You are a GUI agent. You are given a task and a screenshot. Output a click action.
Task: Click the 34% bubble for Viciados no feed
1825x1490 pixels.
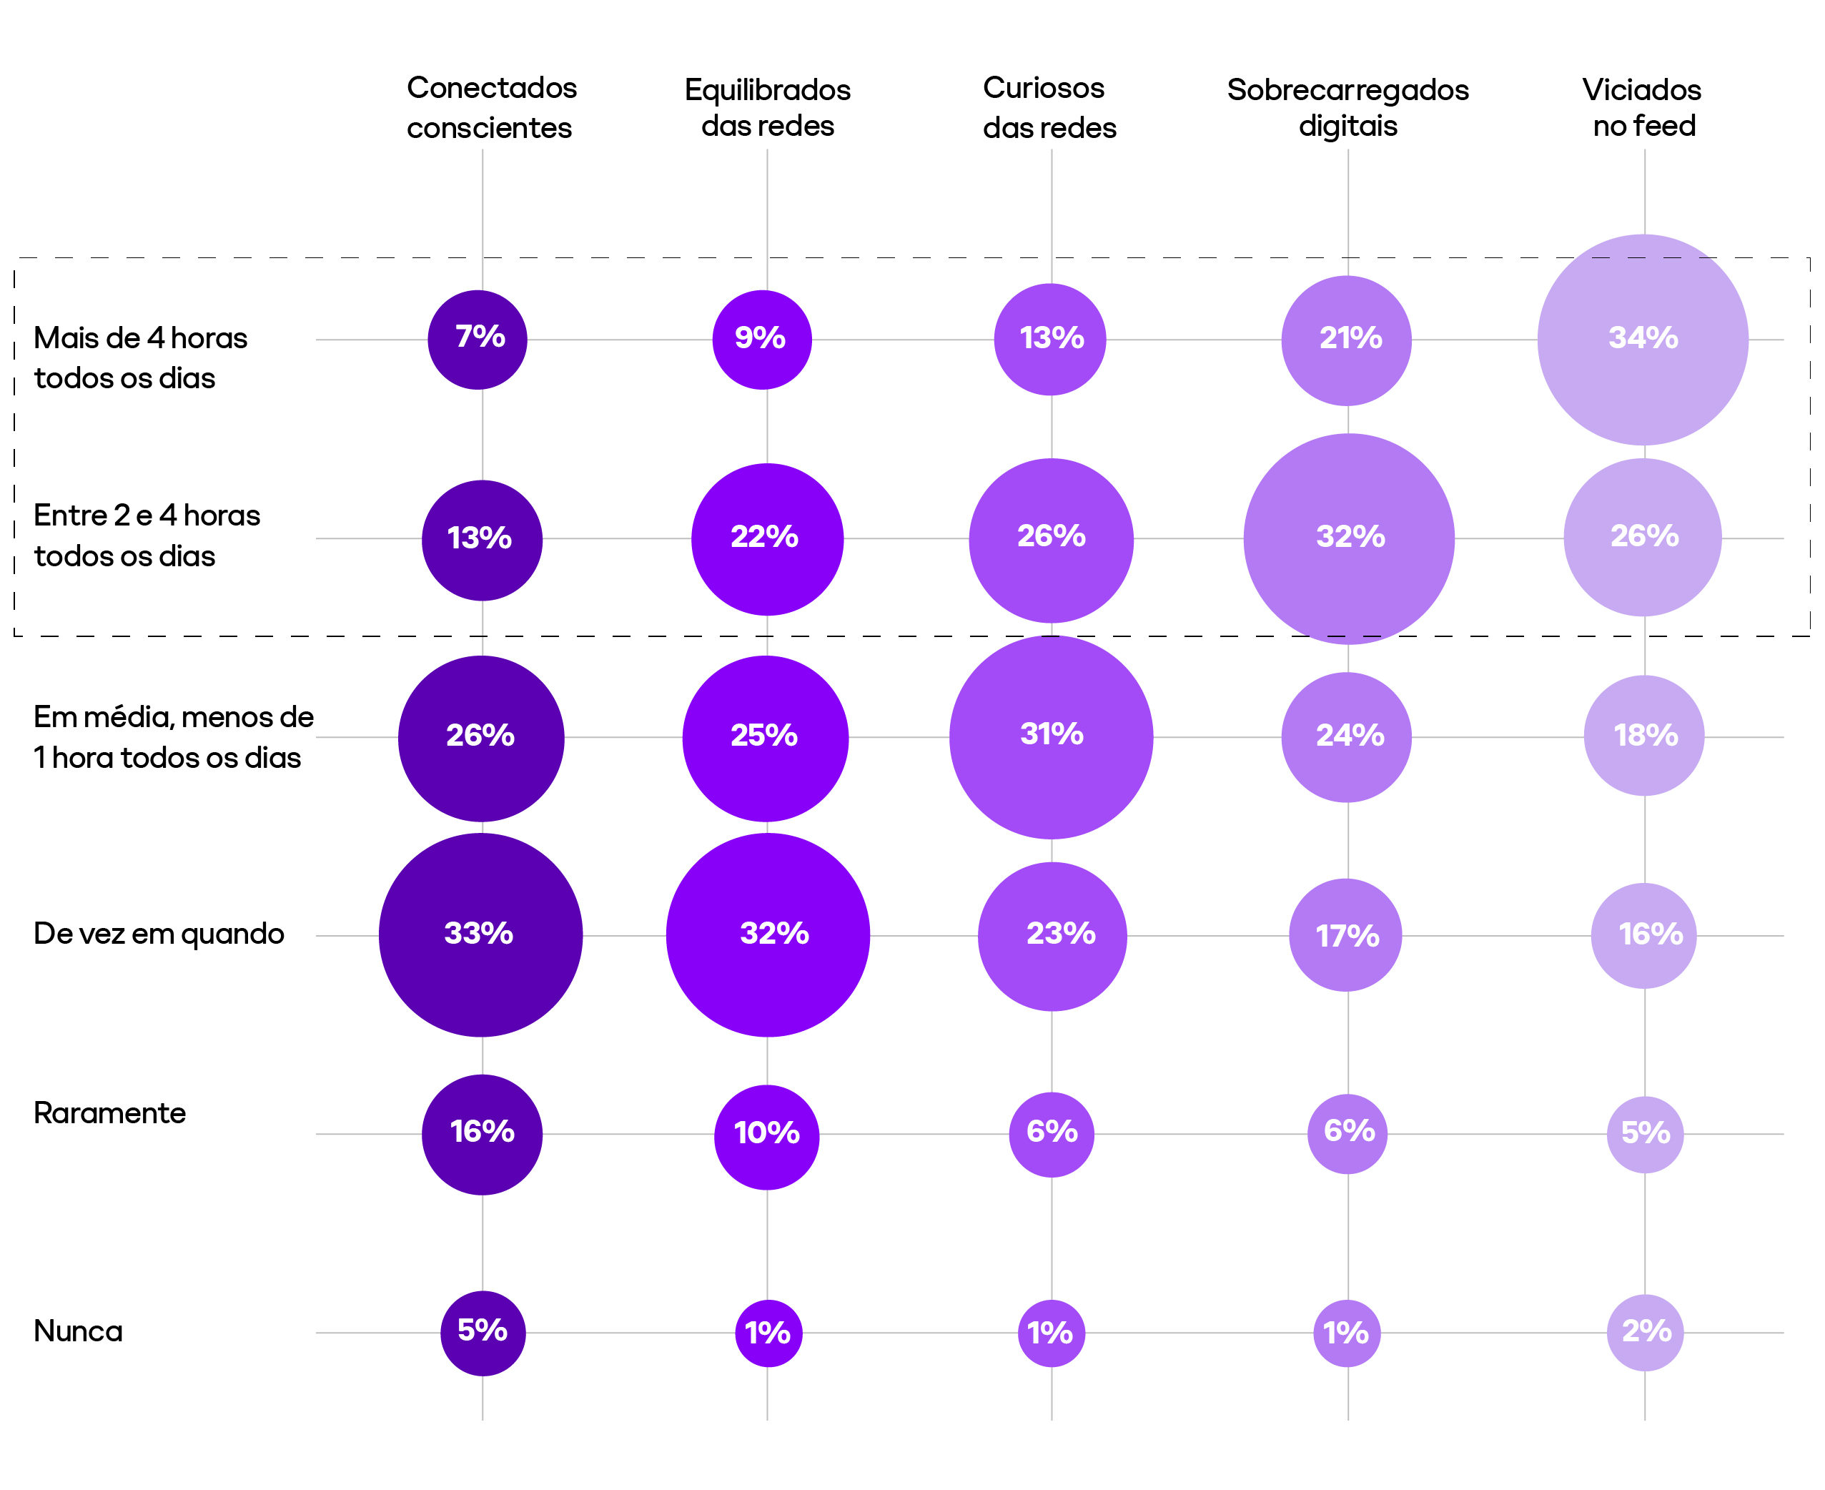[x=1642, y=340]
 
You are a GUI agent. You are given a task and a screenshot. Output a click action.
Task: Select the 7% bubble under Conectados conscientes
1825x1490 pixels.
[x=478, y=340]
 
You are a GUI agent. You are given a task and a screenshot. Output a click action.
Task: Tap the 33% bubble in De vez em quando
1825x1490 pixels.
[x=480, y=934]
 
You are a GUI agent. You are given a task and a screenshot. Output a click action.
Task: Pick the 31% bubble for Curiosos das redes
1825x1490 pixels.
[x=1051, y=736]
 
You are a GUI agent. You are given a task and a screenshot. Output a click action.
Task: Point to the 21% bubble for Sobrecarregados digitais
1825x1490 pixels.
[x=1346, y=340]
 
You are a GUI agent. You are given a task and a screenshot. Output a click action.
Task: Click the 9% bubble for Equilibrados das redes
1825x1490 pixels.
[x=762, y=340]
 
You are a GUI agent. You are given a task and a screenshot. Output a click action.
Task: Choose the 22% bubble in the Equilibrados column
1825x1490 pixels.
[x=767, y=539]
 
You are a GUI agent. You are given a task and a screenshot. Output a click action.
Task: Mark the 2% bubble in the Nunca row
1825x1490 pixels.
[x=1645, y=1332]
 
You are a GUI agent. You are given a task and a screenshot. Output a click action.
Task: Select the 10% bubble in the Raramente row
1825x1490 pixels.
[x=766, y=1136]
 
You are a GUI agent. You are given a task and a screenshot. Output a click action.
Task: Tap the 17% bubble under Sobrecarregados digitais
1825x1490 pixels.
[x=1345, y=934]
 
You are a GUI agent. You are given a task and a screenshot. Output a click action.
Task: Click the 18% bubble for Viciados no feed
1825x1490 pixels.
[x=1644, y=736]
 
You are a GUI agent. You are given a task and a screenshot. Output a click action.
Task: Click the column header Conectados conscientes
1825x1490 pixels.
[x=492, y=107]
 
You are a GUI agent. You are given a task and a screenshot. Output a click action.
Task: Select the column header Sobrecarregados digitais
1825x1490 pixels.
[x=1347, y=107]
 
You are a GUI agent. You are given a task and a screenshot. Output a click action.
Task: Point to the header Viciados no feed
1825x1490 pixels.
[x=1642, y=107]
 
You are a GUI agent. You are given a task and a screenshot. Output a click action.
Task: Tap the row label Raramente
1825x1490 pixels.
[x=110, y=1113]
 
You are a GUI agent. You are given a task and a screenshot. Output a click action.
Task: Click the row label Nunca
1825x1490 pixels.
[x=78, y=1331]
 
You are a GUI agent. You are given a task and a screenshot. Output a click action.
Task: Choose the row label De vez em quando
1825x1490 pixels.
[x=159, y=934]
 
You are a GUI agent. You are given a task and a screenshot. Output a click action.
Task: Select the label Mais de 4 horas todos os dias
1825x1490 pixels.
[x=141, y=358]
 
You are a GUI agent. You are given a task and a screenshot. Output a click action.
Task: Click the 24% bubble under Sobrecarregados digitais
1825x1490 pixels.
[x=1346, y=736]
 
